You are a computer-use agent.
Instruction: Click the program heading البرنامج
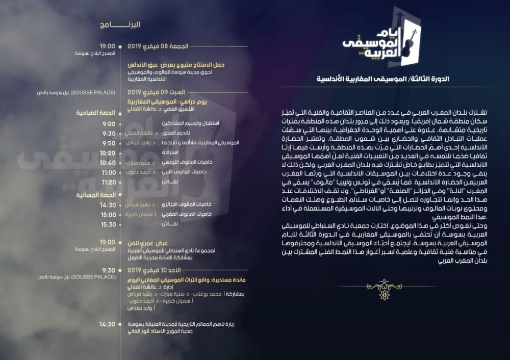coord(127,24)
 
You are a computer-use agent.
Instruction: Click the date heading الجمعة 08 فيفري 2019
coord(158,46)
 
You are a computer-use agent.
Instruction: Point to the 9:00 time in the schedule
coord(109,124)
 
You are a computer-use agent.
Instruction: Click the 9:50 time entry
coord(109,143)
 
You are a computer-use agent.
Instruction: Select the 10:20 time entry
coord(108,153)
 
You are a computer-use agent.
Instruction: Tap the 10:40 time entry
coord(108,163)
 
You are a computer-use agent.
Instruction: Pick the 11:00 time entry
coord(108,172)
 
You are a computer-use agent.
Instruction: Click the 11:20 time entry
coord(108,182)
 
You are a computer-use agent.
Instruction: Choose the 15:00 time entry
coord(108,215)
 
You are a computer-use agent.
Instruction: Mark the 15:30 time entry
coord(108,224)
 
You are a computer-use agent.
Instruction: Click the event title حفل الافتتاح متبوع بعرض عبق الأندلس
coord(176,65)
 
